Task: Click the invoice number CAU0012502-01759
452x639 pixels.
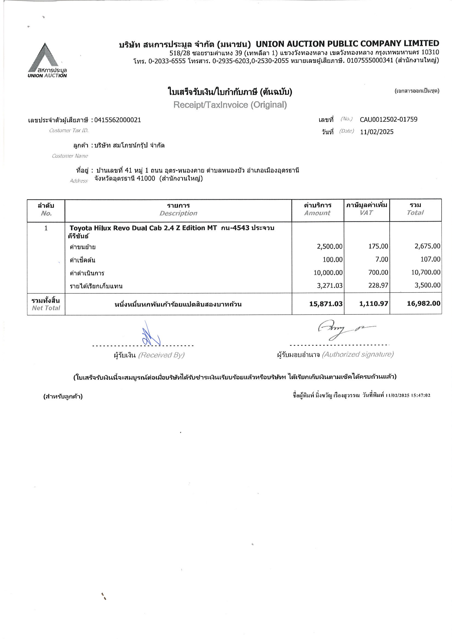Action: pos(388,120)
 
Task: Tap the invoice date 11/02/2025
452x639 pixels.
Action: pos(376,132)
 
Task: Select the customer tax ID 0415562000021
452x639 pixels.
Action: pos(117,120)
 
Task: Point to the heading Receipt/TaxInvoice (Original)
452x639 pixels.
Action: pos(230,105)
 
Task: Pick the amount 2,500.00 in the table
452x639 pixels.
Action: pos(329,247)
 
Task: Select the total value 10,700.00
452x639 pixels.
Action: pos(425,273)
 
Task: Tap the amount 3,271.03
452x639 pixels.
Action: pos(329,285)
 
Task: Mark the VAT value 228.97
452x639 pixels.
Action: pos(378,285)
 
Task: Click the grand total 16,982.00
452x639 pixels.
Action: pos(423,303)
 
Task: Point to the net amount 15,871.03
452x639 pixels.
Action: pos(326,304)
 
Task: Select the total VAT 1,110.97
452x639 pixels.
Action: pos(373,304)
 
